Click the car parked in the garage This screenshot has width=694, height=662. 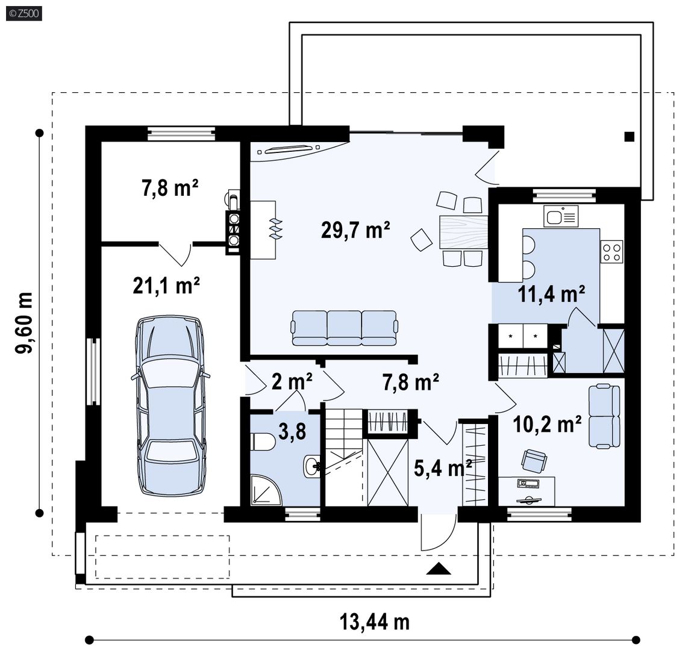pyautogui.click(x=170, y=405)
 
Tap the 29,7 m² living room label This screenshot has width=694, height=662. pyautogui.click(x=355, y=230)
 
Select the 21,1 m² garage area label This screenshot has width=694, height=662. pyautogui.click(x=166, y=286)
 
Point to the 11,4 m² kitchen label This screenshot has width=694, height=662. pyautogui.click(x=551, y=294)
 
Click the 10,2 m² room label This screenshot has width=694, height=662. pyautogui.click(x=547, y=424)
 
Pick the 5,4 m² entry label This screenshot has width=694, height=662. pyautogui.click(x=443, y=467)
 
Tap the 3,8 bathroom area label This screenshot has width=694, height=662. pyautogui.click(x=292, y=431)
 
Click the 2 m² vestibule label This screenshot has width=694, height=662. pyautogui.click(x=292, y=381)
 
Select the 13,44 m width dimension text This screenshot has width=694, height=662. pyautogui.click(x=375, y=622)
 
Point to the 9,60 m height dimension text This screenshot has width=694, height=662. pyautogui.click(x=24, y=323)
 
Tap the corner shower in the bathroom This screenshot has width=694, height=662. pyautogui.click(x=266, y=490)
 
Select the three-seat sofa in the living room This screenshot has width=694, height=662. pyautogui.click(x=345, y=328)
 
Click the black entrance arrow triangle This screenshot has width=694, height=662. pyautogui.click(x=439, y=569)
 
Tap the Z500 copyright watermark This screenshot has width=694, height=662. pyautogui.click(x=24, y=13)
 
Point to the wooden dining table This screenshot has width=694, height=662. pyautogui.click(x=463, y=231)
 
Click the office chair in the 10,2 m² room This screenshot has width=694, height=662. pyautogui.click(x=534, y=461)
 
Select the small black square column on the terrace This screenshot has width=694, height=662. pyautogui.click(x=630, y=136)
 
